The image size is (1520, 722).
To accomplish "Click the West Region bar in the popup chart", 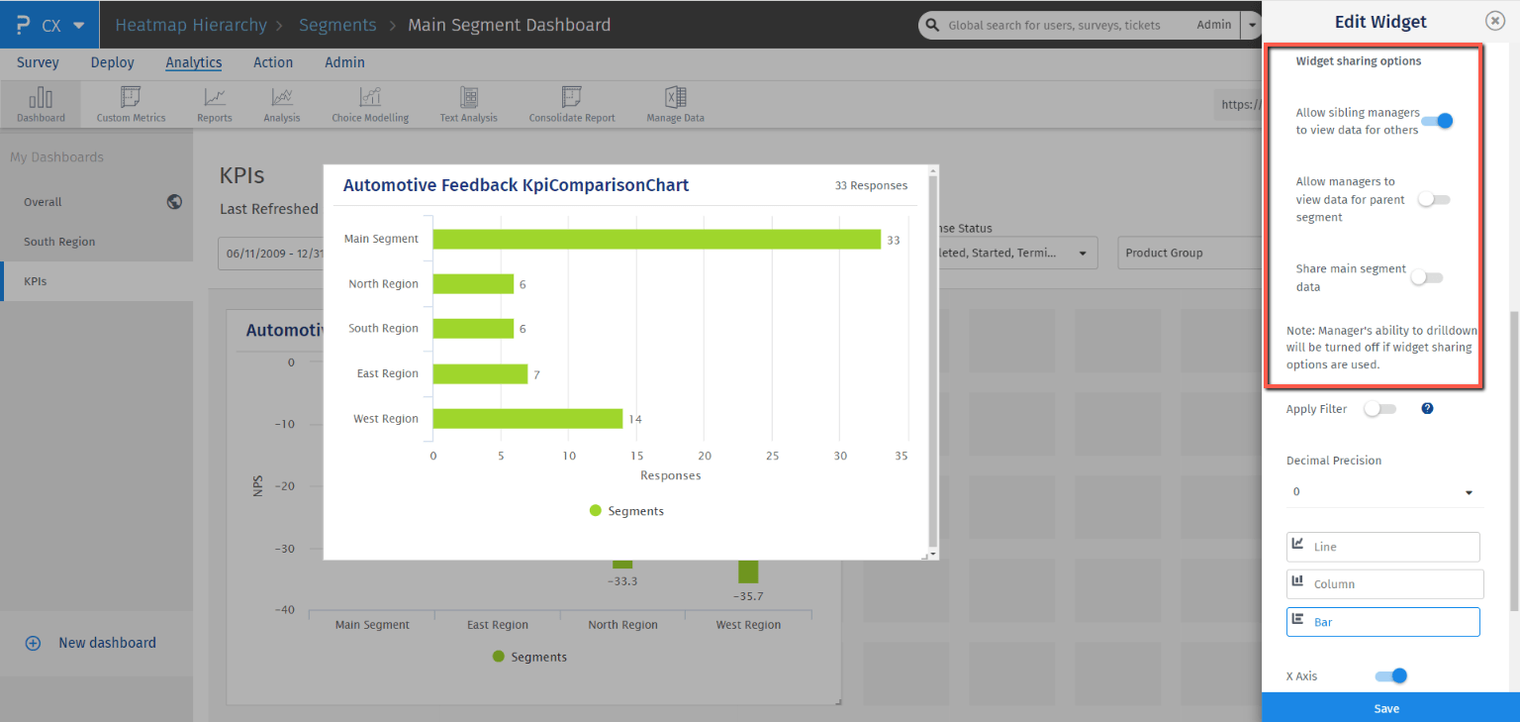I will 527,419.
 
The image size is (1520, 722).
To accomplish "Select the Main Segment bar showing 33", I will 656,239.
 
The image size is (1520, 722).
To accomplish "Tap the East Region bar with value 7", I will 480,373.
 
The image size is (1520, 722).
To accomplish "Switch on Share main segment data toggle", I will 1427,277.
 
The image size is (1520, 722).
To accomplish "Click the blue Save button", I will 1386,708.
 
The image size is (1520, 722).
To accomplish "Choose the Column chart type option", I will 1383,584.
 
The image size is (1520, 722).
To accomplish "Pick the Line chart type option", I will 1382,547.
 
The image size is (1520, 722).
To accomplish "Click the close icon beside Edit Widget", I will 1494,22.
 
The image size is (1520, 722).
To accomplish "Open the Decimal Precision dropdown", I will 1383,492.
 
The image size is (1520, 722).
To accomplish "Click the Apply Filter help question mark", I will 1427,408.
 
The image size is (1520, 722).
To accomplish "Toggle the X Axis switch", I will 1390,676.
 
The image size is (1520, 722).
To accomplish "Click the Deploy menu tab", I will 112,62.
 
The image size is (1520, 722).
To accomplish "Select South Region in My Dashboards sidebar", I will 59,242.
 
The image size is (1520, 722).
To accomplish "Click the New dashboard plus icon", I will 33,643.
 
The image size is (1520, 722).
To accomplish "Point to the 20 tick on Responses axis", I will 705,457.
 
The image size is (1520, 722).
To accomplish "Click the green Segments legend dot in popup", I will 596,511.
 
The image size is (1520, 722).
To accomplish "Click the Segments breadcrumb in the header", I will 337,25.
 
